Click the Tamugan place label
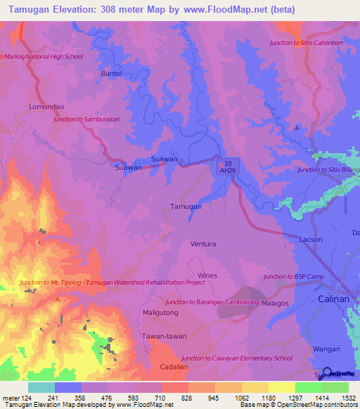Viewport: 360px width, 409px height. (x=186, y=207)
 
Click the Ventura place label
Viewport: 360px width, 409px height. (x=203, y=244)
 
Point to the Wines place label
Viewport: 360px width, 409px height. (x=208, y=275)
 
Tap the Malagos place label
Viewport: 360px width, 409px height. (x=276, y=303)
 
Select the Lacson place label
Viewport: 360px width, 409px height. (x=311, y=239)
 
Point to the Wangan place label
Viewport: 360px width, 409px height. (x=327, y=349)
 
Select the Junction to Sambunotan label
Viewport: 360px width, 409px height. (x=87, y=119)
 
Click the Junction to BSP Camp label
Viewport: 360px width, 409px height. (x=294, y=277)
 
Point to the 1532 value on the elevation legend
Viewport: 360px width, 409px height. (x=347, y=398)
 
